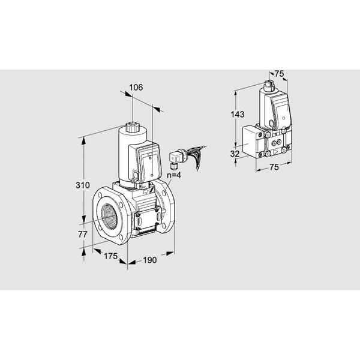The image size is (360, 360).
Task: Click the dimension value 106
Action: coord(136,88)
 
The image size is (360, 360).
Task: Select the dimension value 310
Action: coord(83,185)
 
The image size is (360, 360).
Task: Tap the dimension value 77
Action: coord(83,235)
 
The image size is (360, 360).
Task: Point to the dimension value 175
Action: coord(110,256)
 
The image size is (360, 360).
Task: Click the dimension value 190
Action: coord(149,260)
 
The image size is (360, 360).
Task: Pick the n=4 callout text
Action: coord(174,175)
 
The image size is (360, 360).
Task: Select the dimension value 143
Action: coord(238,114)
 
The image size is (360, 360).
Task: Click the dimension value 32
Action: coord(235,154)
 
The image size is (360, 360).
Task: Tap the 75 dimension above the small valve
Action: coord(280,74)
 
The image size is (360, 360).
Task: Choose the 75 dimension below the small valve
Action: coord(274,167)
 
